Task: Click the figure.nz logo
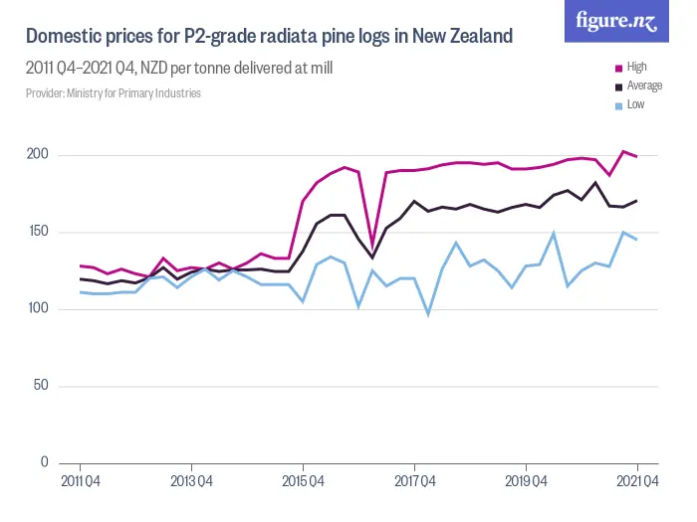coord(616,21)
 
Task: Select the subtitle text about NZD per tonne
coord(179,69)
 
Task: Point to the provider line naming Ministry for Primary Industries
coord(114,92)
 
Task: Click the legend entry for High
coord(636,68)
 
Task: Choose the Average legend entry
coord(643,86)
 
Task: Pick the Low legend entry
coord(634,103)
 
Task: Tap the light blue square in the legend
coord(618,104)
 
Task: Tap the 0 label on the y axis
coord(43,462)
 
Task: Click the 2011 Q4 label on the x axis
coord(80,482)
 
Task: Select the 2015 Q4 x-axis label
coord(303,482)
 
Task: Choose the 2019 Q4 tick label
coord(526,482)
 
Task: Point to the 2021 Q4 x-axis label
coord(637,482)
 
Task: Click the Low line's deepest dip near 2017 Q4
coord(428,314)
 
